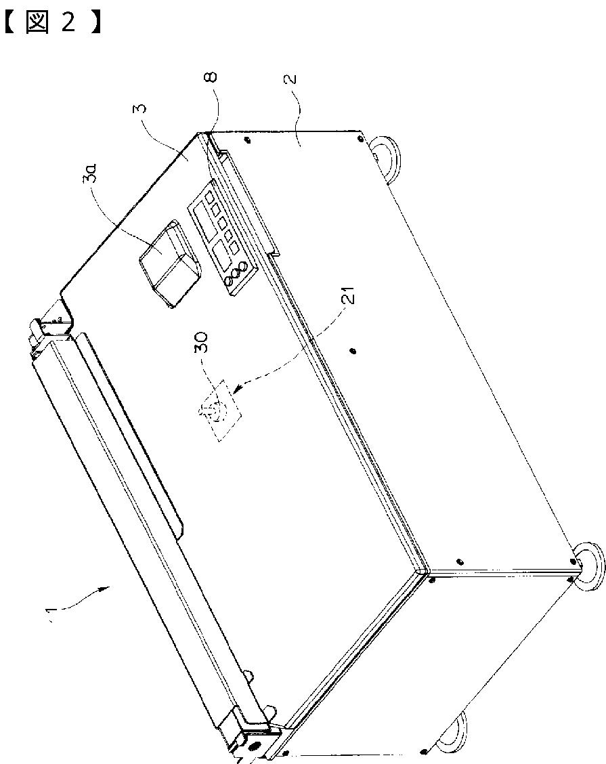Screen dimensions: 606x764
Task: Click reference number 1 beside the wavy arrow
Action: tap(48, 615)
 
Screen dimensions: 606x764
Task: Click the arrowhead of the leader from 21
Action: tap(237, 390)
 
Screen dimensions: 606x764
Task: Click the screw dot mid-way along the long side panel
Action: tap(352, 350)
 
